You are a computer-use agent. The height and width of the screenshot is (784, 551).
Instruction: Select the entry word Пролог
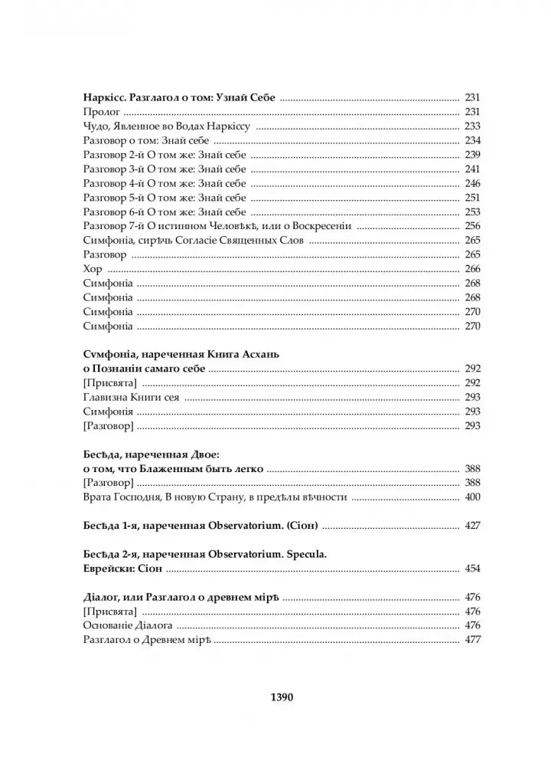(96, 112)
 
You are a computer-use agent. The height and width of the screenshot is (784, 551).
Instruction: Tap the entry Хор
(90, 268)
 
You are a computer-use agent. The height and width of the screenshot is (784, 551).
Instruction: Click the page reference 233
(471, 126)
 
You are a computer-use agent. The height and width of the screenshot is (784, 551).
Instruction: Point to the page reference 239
(471, 155)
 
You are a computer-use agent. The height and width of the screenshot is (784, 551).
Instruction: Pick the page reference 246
(471, 183)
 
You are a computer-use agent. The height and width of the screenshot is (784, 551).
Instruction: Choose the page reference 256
(471, 226)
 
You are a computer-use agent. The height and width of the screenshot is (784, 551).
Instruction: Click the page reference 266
(471, 268)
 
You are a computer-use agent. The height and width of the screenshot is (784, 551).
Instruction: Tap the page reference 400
(471, 497)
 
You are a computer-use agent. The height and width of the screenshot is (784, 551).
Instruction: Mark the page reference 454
(471, 569)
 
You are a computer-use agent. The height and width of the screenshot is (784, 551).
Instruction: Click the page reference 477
(471, 641)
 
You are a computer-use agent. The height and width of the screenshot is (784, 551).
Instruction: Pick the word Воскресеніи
(319, 226)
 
